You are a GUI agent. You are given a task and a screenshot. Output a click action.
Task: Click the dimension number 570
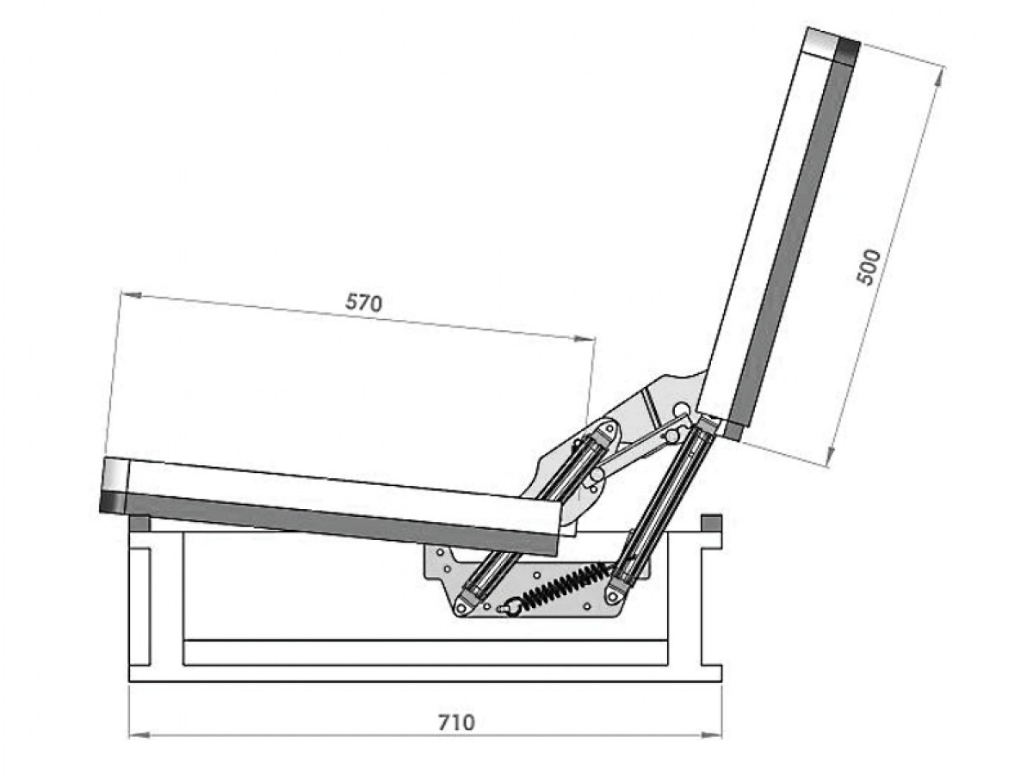point(363,303)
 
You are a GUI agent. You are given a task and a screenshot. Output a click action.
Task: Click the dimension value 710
point(456,722)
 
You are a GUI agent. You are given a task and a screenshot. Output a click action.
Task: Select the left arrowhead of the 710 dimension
point(139,734)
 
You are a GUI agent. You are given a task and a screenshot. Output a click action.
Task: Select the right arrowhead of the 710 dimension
point(710,734)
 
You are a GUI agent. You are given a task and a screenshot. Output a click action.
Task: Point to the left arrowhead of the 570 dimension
point(132,295)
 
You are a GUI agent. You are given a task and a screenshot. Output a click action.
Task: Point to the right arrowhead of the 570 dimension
point(584,338)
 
